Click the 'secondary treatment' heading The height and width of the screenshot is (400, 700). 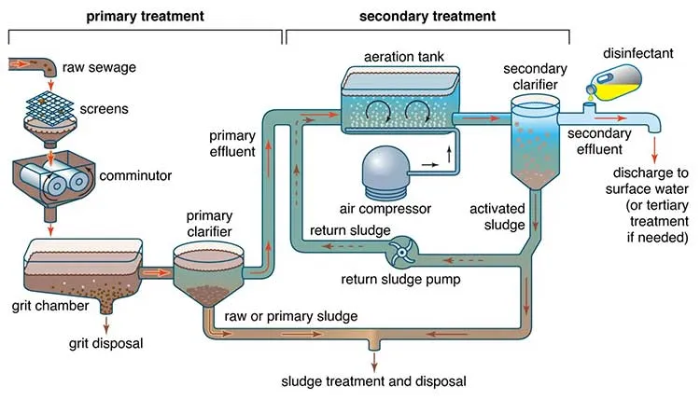[427, 16]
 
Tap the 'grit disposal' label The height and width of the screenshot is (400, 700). [105, 343]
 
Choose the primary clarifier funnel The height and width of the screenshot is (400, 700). [206, 269]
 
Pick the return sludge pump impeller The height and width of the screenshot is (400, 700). [404, 249]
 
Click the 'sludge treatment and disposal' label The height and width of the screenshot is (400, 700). [372, 381]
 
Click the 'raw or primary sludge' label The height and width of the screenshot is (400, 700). [285, 316]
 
